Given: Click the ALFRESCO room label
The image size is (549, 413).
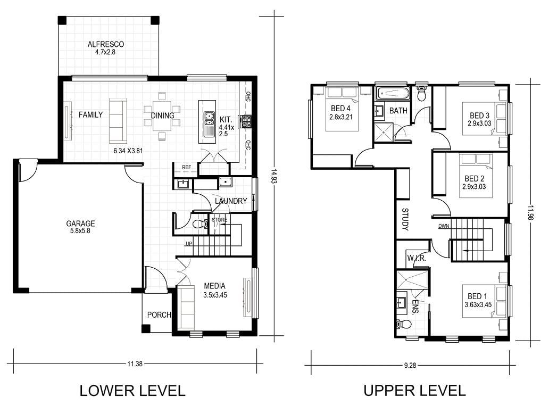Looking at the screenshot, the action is coord(106,45).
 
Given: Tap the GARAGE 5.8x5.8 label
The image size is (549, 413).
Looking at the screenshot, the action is coord(80,227).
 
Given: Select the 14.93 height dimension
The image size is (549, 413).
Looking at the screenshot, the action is coord(274,177).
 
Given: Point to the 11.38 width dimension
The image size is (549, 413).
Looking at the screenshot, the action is coord(135,364).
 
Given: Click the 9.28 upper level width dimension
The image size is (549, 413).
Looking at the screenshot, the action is coord(410,365).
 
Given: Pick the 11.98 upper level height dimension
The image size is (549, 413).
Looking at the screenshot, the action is coord(530,213).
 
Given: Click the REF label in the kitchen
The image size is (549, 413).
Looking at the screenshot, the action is coord(187,168).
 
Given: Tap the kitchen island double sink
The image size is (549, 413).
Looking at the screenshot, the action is coord(210,119).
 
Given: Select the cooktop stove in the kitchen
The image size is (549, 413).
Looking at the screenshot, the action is coord(245,121).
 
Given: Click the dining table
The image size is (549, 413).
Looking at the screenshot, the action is coord(162,116).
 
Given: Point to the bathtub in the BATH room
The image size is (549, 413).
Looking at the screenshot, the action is coord(393,93).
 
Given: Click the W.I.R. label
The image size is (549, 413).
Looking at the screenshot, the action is coord(417,259).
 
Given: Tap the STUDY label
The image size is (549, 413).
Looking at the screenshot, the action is coord(405,219).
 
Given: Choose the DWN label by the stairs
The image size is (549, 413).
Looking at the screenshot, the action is coord(444,226).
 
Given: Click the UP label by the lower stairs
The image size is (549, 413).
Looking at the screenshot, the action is coord(189,243).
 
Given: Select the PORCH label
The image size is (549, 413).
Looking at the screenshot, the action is coord(159,315).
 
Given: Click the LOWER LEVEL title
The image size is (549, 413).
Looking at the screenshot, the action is coord(132,391).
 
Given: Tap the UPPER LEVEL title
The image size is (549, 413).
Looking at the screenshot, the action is coord(414,391).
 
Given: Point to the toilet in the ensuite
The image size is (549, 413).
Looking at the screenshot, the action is coord(403,324).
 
